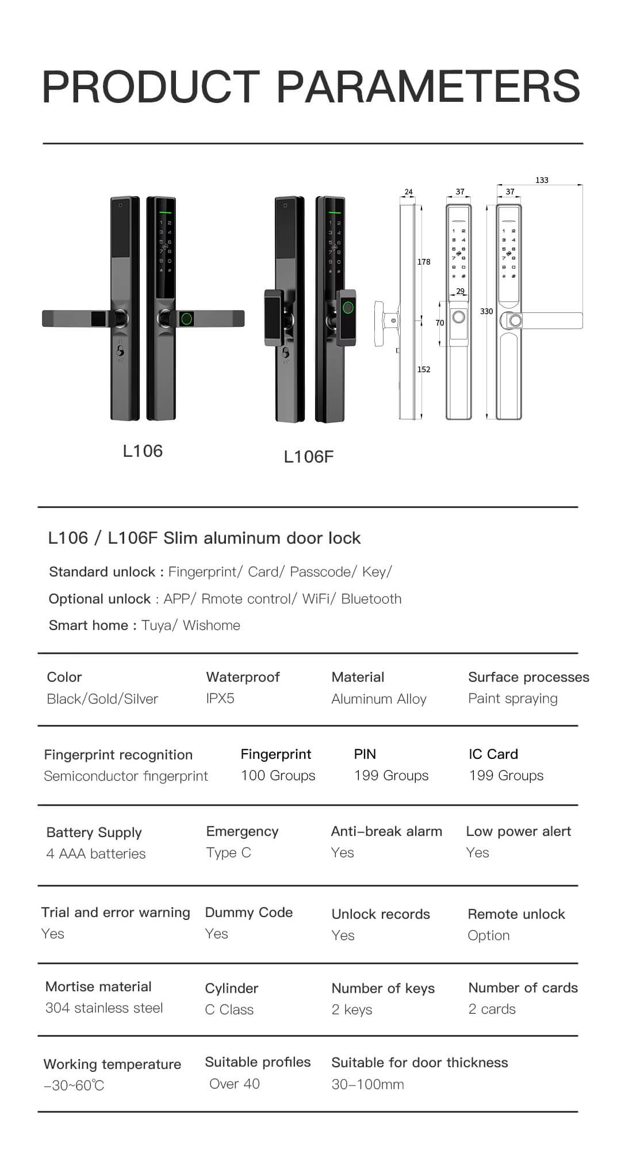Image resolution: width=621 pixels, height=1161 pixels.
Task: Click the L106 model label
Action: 143,450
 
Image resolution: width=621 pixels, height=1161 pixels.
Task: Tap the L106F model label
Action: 309,457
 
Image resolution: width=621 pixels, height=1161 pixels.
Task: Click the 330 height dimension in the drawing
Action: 486,311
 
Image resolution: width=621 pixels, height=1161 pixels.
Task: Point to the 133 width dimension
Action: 542,180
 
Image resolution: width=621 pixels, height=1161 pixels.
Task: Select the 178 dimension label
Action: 424,262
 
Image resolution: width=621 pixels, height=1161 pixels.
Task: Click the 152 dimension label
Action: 424,369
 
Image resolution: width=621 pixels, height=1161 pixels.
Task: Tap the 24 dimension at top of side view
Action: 408,192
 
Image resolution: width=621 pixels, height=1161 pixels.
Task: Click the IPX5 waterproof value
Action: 220,698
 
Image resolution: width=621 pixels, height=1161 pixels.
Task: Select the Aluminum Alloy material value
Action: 379,699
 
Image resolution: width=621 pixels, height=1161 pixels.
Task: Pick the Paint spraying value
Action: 513,698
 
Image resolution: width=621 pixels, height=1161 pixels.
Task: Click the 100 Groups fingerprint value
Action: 278,776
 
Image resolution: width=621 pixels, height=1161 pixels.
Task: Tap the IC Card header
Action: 493,754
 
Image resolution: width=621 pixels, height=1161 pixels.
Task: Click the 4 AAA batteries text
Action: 96,854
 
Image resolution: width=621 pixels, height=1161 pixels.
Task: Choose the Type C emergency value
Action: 229,853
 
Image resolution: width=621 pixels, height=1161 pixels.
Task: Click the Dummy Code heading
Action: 249,912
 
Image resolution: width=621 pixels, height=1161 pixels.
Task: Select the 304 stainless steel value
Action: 104,1008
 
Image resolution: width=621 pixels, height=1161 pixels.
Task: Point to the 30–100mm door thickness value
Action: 367,1084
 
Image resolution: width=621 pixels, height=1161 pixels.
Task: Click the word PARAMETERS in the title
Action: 429,86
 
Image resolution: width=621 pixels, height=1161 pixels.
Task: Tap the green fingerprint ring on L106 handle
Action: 187,318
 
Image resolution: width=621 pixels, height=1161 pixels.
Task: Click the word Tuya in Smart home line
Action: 156,625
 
